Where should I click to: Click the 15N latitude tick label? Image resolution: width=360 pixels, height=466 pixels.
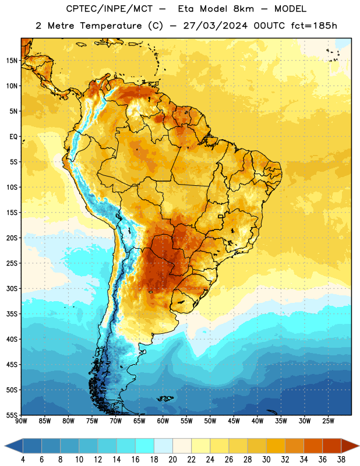(x=12, y=61)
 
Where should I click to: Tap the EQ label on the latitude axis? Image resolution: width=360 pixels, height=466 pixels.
(x=13, y=137)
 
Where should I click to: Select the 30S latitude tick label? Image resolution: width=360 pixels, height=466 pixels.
(x=12, y=288)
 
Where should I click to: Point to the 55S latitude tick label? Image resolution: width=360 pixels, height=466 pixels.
(x=12, y=415)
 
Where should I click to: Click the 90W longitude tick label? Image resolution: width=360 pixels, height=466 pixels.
(x=21, y=421)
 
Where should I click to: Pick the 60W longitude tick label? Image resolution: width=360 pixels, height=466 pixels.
(x=163, y=421)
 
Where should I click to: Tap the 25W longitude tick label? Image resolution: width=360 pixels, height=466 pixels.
(x=328, y=421)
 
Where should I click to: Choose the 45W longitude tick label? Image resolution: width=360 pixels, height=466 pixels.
(x=234, y=421)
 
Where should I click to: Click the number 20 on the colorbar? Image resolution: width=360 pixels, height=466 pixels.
(x=172, y=460)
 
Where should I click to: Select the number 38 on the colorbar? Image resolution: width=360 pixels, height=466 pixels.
(x=341, y=460)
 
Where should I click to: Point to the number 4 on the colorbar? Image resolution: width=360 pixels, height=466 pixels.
(x=23, y=460)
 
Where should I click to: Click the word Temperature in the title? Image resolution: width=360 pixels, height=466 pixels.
(x=111, y=26)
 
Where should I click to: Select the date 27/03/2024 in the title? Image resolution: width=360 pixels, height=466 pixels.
(x=215, y=26)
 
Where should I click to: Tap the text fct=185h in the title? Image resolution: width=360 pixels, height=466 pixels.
(x=314, y=26)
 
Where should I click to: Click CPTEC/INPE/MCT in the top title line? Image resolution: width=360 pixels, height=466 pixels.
(x=109, y=9)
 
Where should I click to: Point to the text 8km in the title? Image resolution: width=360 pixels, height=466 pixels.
(x=243, y=9)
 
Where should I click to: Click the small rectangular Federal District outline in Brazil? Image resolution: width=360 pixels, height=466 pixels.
(x=221, y=216)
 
